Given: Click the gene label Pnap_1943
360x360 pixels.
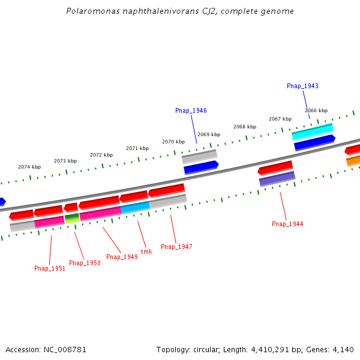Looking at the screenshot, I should [302, 86].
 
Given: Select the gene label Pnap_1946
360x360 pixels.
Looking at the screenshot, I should [191, 111].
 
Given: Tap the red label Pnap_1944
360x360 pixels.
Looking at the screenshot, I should [287, 224].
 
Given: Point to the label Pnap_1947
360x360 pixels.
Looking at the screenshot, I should [176, 247].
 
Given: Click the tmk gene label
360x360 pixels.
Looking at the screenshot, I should [146, 252].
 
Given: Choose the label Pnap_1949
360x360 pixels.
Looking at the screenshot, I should [122, 257].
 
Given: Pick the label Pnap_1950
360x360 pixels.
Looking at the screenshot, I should [85, 263].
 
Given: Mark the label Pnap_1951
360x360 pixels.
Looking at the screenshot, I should [50, 269].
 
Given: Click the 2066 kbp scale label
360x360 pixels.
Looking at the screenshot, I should [316, 111].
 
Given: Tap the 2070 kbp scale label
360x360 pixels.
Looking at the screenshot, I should [173, 142].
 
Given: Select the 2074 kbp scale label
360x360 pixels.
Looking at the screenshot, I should [29, 167].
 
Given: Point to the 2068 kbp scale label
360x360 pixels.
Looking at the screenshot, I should [245, 127].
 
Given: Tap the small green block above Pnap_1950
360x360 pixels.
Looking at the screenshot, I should [72, 216].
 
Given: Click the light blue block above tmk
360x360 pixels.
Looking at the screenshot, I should [135, 208].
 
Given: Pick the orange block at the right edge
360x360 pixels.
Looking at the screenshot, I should [353, 160].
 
